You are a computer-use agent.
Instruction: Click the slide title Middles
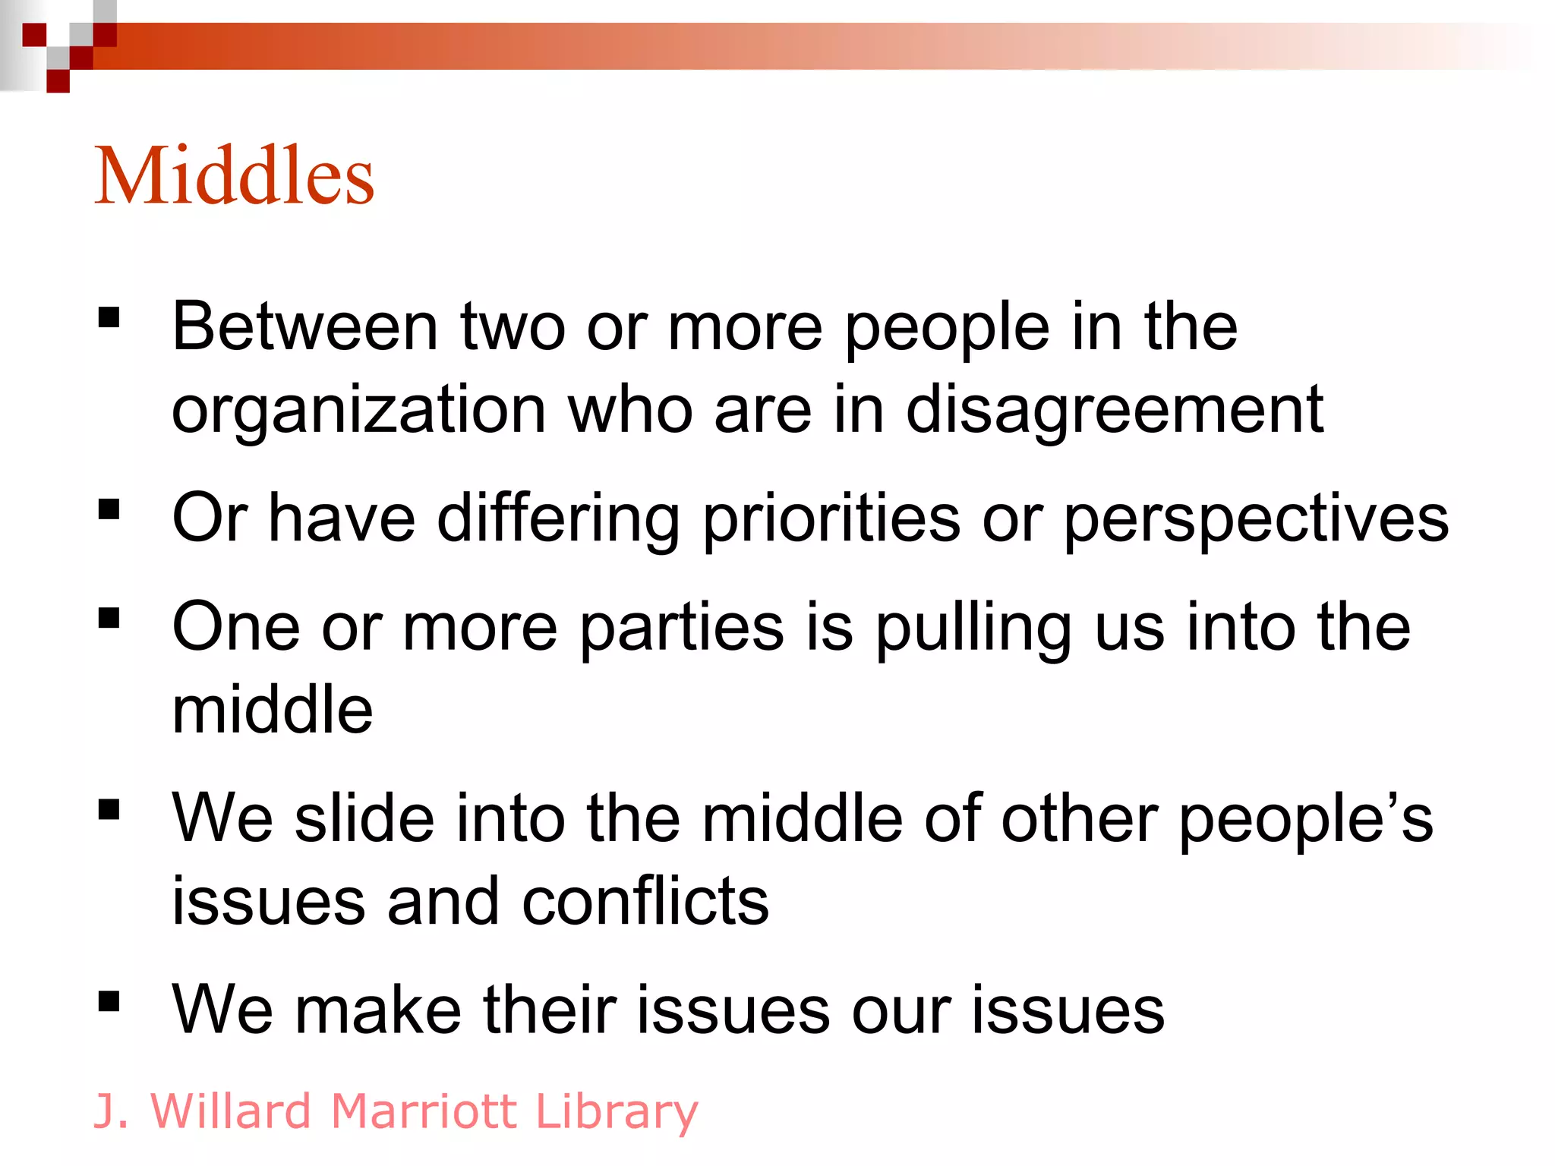[x=234, y=176]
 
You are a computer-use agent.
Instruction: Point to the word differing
[x=558, y=519]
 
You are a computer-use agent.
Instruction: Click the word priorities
[x=831, y=519]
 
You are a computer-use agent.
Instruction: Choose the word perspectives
[x=1256, y=519]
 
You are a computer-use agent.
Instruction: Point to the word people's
[x=1305, y=820]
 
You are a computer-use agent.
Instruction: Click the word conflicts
[x=645, y=902]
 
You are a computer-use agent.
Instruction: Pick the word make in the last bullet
[x=378, y=1010]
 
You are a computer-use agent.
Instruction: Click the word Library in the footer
[x=617, y=1113]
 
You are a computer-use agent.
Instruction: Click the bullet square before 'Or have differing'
[x=109, y=509]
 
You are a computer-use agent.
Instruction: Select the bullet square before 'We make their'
[x=109, y=1002]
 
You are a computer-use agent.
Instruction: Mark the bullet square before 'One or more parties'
[x=109, y=619]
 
